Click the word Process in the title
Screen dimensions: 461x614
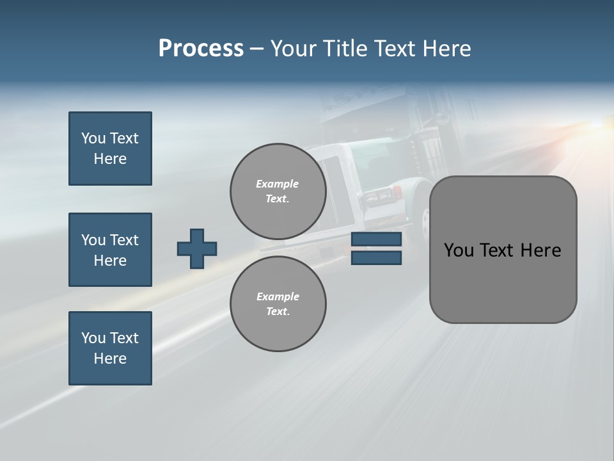pos(201,48)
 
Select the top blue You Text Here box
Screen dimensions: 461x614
pos(110,149)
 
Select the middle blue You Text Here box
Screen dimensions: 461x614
pos(110,250)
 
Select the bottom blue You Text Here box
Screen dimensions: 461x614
pos(110,348)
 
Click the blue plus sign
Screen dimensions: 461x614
pos(197,248)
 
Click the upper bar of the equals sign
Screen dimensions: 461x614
pos(376,239)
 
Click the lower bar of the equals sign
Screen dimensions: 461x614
pos(376,258)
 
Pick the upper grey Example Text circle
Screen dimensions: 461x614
pos(278,191)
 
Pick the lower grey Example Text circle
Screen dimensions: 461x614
pos(278,304)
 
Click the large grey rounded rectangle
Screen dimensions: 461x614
pos(503,282)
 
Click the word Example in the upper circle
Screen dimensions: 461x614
pos(278,184)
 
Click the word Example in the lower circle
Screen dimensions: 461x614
pos(278,296)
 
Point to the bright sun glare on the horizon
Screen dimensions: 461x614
pos(598,125)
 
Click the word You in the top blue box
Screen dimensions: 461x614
pos(93,138)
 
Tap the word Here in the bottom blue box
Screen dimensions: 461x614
pos(110,359)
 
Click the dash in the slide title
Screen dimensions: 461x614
pos(257,49)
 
